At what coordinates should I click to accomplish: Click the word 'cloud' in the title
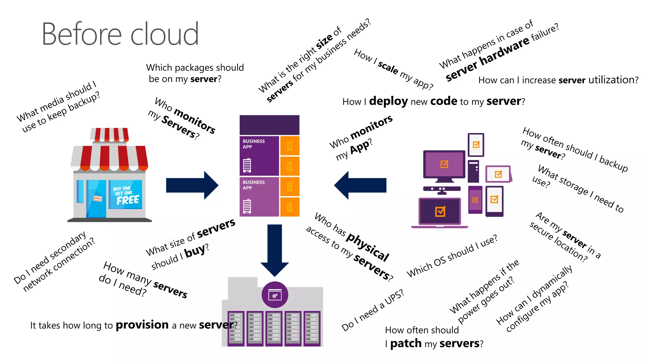[164, 34]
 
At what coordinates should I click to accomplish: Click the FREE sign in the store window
[127, 200]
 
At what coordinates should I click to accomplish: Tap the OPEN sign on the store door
[98, 198]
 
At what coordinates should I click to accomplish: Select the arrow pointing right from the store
[192, 185]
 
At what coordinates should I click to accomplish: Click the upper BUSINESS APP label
[254, 144]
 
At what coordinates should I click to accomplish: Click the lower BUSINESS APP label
[254, 185]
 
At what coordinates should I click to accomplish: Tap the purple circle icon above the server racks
[275, 295]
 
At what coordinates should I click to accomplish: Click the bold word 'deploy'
[388, 101]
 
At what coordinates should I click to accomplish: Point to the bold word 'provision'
[142, 325]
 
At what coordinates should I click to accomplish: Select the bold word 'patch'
[406, 343]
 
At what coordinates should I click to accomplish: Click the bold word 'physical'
[368, 247]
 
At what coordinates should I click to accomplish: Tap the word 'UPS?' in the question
[394, 297]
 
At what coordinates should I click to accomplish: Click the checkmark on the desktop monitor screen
[444, 164]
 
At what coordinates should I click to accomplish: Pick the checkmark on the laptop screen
[440, 211]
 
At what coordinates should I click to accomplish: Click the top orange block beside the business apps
[290, 146]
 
